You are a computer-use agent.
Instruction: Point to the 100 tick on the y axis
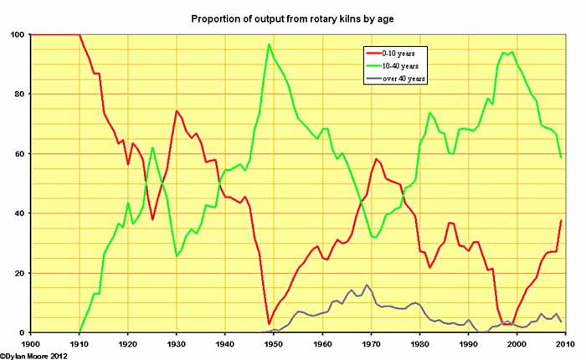pyautogui.click(x=18, y=34)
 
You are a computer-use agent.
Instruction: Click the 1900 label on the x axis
pyautogui.click(x=31, y=343)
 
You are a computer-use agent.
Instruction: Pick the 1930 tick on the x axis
pyautogui.click(x=176, y=343)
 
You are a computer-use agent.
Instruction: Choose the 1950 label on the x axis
pyautogui.click(x=273, y=343)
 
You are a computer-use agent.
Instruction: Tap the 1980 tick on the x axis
pyautogui.click(x=419, y=343)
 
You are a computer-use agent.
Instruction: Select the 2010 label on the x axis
pyautogui.click(x=563, y=343)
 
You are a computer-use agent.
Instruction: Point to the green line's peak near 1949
pyautogui.click(x=269, y=44)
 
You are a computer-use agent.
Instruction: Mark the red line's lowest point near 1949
pyautogui.click(x=269, y=323)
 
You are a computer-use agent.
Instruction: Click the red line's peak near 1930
pyautogui.click(x=177, y=111)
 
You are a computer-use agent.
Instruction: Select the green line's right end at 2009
pyautogui.click(x=559, y=157)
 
